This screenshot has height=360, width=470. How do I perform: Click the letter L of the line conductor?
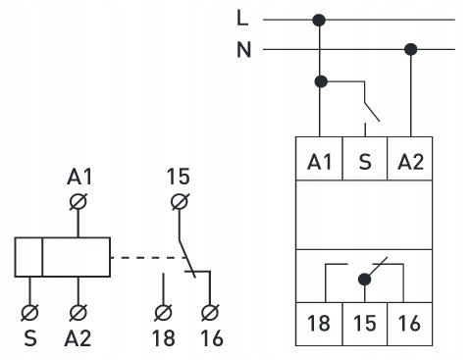[242, 18]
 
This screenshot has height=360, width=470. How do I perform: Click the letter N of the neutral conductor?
[244, 50]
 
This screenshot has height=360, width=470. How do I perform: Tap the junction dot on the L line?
[319, 21]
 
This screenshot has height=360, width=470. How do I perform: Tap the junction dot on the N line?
[411, 50]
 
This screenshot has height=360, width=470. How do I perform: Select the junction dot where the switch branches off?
[321, 81]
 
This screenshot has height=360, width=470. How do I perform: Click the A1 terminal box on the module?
[319, 159]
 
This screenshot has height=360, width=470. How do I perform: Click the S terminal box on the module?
[365, 159]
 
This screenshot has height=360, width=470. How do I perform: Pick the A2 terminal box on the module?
[410, 159]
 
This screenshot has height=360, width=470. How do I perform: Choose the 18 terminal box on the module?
[319, 324]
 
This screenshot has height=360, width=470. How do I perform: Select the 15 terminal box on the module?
[365, 324]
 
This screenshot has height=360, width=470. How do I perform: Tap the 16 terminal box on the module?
[410, 324]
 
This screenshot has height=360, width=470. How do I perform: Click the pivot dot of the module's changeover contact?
[365, 280]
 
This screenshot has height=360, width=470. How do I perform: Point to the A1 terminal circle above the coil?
[78, 201]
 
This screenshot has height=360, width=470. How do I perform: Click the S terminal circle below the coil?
[29, 312]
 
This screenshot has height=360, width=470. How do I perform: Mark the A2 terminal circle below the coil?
[78, 312]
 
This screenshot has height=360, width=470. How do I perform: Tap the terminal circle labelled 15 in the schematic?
[180, 201]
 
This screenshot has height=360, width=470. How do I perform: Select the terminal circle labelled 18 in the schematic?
[163, 312]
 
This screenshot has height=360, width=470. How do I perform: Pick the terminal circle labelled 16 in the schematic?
[210, 312]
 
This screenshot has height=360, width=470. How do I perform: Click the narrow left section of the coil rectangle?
[28, 257]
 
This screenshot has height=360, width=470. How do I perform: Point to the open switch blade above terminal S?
[372, 113]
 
